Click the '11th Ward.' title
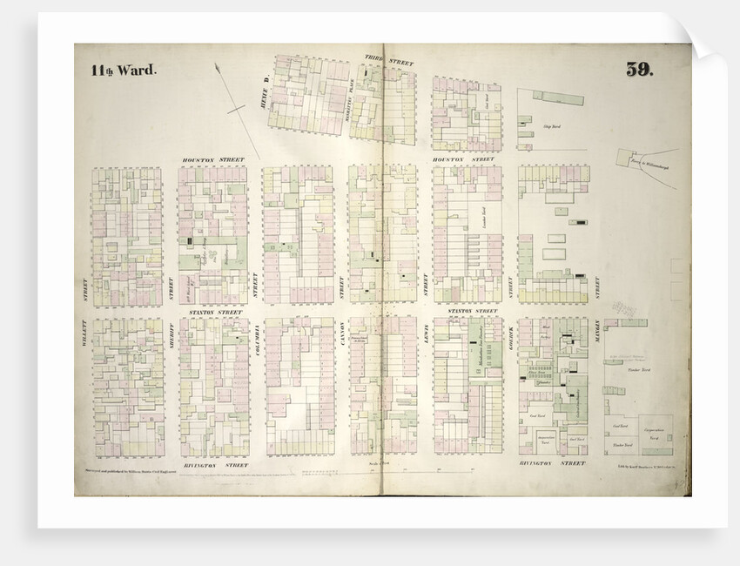[x=124, y=71]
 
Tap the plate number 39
[x=644, y=71]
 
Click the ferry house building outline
[x=628, y=158]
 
